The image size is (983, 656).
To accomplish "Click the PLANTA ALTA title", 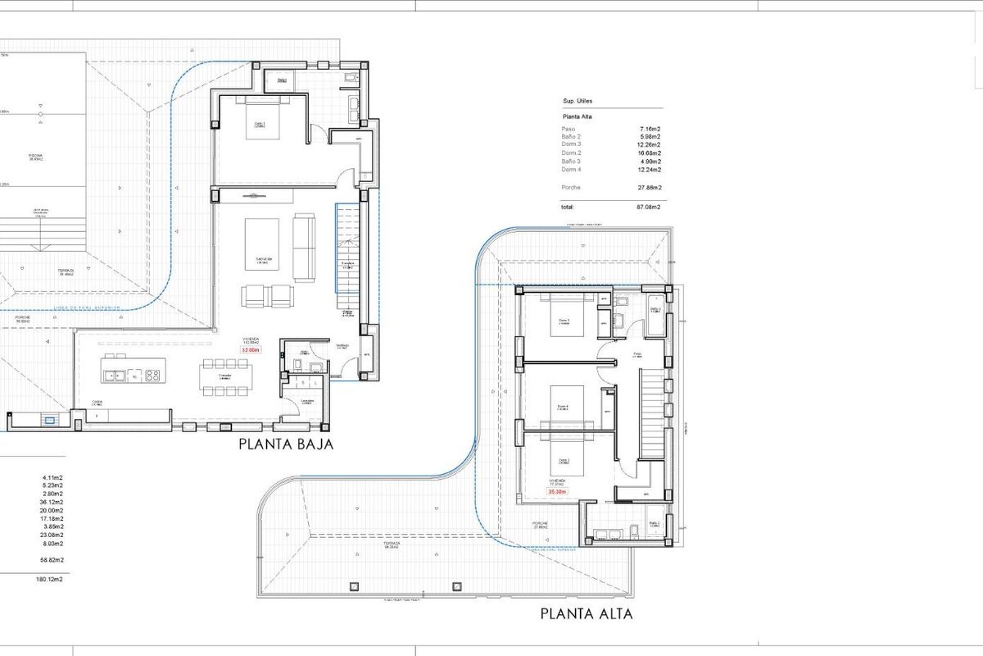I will pyautogui.click(x=587, y=613).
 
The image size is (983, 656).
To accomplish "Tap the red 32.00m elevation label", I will pyautogui.click(x=249, y=350).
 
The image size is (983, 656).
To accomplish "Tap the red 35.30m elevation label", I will pyautogui.click(x=558, y=492).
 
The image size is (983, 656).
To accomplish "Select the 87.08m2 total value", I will pyautogui.click(x=650, y=207).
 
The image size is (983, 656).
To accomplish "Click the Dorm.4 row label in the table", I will pyautogui.click(x=571, y=170).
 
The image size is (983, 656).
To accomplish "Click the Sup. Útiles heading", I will pyautogui.click(x=578, y=101).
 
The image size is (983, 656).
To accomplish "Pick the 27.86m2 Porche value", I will pyautogui.click(x=650, y=188).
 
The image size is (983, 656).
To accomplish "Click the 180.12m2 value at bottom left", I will pyautogui.click(x=50, y=580).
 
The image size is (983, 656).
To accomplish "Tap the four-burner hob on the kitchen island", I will pyautogui.click(x=152, y=376).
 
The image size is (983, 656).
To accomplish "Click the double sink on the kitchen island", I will pyautogui.click(x=116, y=376).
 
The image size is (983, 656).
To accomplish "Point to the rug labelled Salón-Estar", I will pyautogui.click(x=264, y=244).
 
